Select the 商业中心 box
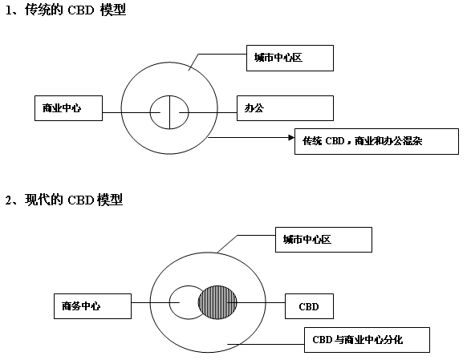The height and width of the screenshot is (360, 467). [68, 108]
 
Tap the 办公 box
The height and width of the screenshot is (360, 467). [285, 108]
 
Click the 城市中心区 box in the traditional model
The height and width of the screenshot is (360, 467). [290, 58]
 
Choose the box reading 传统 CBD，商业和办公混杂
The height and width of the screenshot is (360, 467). [376, 141]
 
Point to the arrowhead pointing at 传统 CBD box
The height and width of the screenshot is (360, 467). [291, 137]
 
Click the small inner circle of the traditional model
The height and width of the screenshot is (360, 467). [150, 112]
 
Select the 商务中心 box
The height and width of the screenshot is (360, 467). [92, 306]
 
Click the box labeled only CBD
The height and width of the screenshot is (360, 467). [309, 306]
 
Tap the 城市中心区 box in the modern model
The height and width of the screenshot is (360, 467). [323, 240]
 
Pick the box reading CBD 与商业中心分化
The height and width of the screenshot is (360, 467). [367, 340]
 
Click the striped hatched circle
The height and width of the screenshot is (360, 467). [217, 302]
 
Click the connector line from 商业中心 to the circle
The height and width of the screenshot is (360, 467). [132, 112]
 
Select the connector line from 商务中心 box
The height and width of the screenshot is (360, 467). [156, 303]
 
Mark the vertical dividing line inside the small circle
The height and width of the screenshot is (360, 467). [169, 112]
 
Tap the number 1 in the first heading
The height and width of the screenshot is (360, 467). [9, 10]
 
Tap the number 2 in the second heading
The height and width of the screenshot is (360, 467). [8, 200]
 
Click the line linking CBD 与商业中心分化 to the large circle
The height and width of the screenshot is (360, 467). [266, 345]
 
